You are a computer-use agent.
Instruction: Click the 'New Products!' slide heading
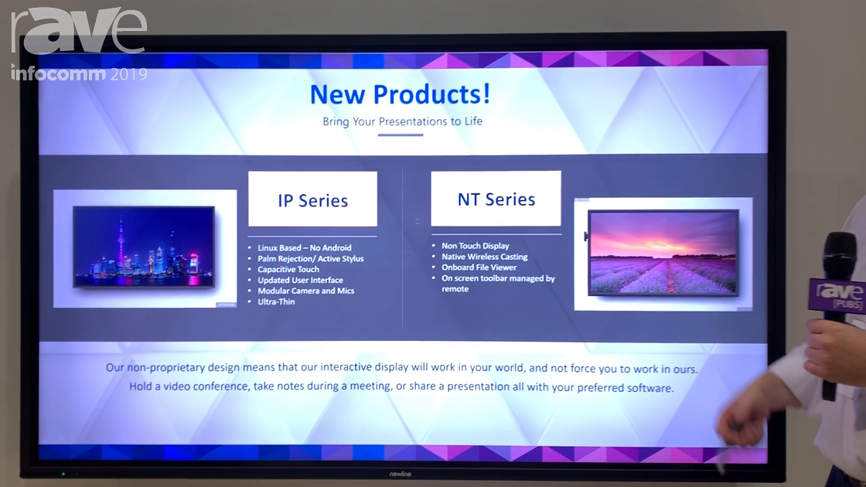(x=400, y=94)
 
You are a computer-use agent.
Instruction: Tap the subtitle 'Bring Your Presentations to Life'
(x=402, y=121)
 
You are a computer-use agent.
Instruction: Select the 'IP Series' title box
(x=312, y=199)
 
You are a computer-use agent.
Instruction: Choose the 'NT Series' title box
(x=496, y=199)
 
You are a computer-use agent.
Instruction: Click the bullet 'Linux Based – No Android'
(x=305, y=248)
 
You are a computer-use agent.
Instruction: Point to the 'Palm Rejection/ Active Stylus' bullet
(x=310, y=259)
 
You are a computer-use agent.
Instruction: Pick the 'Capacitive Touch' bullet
(x=288, y=270)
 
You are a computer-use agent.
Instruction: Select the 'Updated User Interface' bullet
(x=300, y=281)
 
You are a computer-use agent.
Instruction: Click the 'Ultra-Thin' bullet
(x=276, y=302)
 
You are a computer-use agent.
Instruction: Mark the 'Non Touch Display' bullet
(x=475, y=246)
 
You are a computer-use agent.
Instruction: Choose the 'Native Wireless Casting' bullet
(x=484, y=257)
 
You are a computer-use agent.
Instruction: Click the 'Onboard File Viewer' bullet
(x=479, y=267)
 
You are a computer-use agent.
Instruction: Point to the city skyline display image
(x=144, y=247)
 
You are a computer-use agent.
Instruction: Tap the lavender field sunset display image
(x=663, y=253)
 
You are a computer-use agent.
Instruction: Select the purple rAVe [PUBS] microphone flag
(x=837, y=295)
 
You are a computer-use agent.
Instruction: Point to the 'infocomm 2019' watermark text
(x=79, y=74)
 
